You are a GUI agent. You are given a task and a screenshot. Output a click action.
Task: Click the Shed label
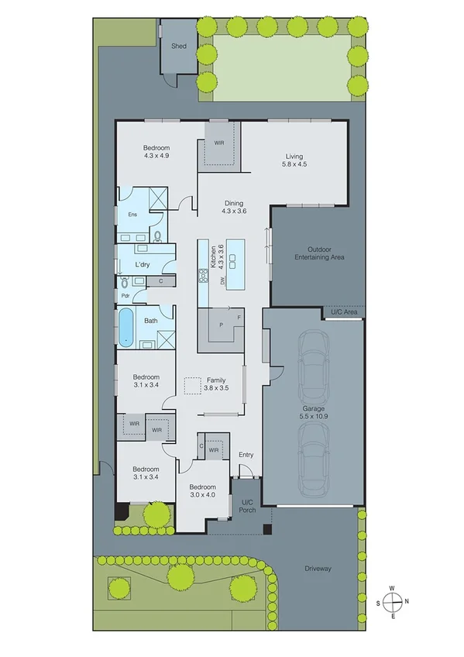point(179,46)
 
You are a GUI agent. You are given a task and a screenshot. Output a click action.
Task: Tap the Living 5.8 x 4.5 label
point(294,160)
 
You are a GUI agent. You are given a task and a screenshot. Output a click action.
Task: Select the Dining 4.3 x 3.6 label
point(233,207)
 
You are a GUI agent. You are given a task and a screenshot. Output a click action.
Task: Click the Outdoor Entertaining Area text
point(319,253)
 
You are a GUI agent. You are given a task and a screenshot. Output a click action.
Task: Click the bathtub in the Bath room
point(125,327)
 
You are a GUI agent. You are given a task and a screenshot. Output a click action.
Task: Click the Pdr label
point(125,295)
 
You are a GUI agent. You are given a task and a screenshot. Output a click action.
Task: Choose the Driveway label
point(317,569)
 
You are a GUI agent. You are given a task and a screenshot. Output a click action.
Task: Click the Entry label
point(246,455)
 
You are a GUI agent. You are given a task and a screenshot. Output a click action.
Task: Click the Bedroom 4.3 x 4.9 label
point(156,152)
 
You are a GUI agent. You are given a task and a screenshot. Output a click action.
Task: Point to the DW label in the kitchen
point(222,280)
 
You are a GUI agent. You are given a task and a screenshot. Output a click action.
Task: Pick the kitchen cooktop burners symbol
point(204,275)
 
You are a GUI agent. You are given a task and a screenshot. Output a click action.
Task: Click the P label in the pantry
point(220,325)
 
